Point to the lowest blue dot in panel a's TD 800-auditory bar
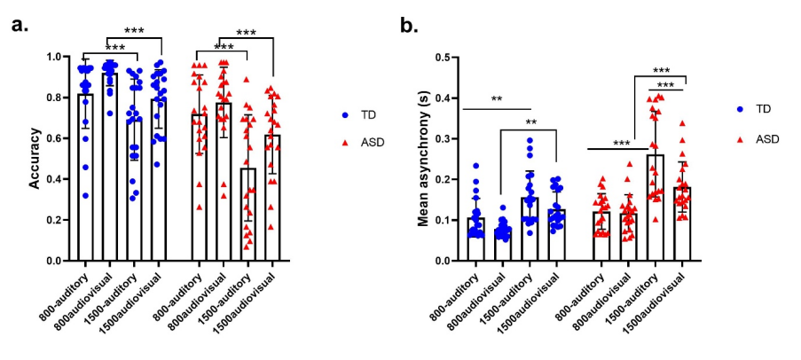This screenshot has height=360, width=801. (85, 196)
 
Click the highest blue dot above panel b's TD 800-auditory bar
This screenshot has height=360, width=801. (475, 166)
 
